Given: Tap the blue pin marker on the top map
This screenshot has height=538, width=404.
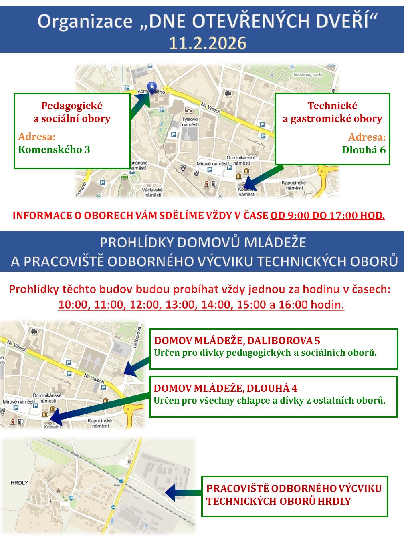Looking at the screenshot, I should point(152,87).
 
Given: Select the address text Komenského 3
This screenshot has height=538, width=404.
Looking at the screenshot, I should point(54,149).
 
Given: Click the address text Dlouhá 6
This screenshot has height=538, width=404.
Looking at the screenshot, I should point(364,150).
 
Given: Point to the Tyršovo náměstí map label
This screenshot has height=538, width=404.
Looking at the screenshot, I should point(190,122).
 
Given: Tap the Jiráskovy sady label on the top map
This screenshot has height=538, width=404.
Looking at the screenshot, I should point(307,75).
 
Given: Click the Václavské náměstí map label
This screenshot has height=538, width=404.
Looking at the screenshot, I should point(153,192).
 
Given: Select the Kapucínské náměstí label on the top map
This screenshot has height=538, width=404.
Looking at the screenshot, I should point(294,185).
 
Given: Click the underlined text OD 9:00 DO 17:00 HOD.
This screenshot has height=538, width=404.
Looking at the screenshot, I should point(327,215).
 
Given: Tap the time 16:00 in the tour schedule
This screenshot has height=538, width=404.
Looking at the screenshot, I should point(293,305).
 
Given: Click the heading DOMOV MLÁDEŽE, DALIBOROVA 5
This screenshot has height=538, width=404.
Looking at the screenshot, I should point(237,341).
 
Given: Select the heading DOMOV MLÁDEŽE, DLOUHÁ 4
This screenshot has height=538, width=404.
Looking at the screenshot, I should point(226,388).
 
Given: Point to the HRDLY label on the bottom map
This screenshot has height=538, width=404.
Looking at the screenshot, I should point(19,483).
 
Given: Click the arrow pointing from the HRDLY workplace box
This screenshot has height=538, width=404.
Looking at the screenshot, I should point(182,492).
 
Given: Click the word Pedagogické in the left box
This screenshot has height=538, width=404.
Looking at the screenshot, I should point(72,106).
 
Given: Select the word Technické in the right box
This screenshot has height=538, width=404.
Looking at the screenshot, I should point(332,106).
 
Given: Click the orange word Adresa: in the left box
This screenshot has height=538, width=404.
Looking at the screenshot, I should point(37,137).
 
